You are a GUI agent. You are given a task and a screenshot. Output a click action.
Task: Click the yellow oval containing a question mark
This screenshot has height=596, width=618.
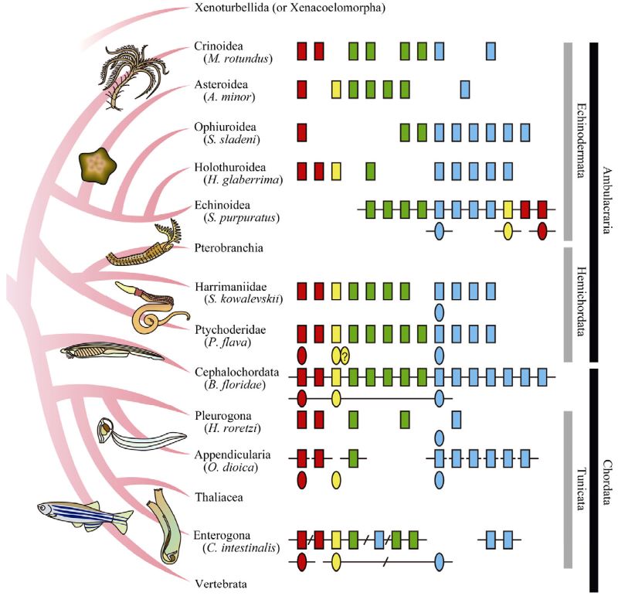[x=345, y=356]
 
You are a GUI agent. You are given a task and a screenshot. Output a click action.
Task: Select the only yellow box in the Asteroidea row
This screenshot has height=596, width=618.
[x=337, y=89]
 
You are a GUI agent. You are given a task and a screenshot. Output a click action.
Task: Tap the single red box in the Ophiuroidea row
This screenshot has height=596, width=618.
[x=302, y=131]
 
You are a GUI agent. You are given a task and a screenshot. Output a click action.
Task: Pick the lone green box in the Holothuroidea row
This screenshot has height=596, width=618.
[x=371, y=169]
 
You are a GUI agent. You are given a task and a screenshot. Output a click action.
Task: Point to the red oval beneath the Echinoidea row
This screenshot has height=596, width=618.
[x=542, y=230]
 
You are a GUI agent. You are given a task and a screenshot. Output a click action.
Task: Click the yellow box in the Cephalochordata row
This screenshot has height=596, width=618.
[x=337, y=377]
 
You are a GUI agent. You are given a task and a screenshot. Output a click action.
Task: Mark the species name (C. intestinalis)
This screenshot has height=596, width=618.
[x=240, y=549]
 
